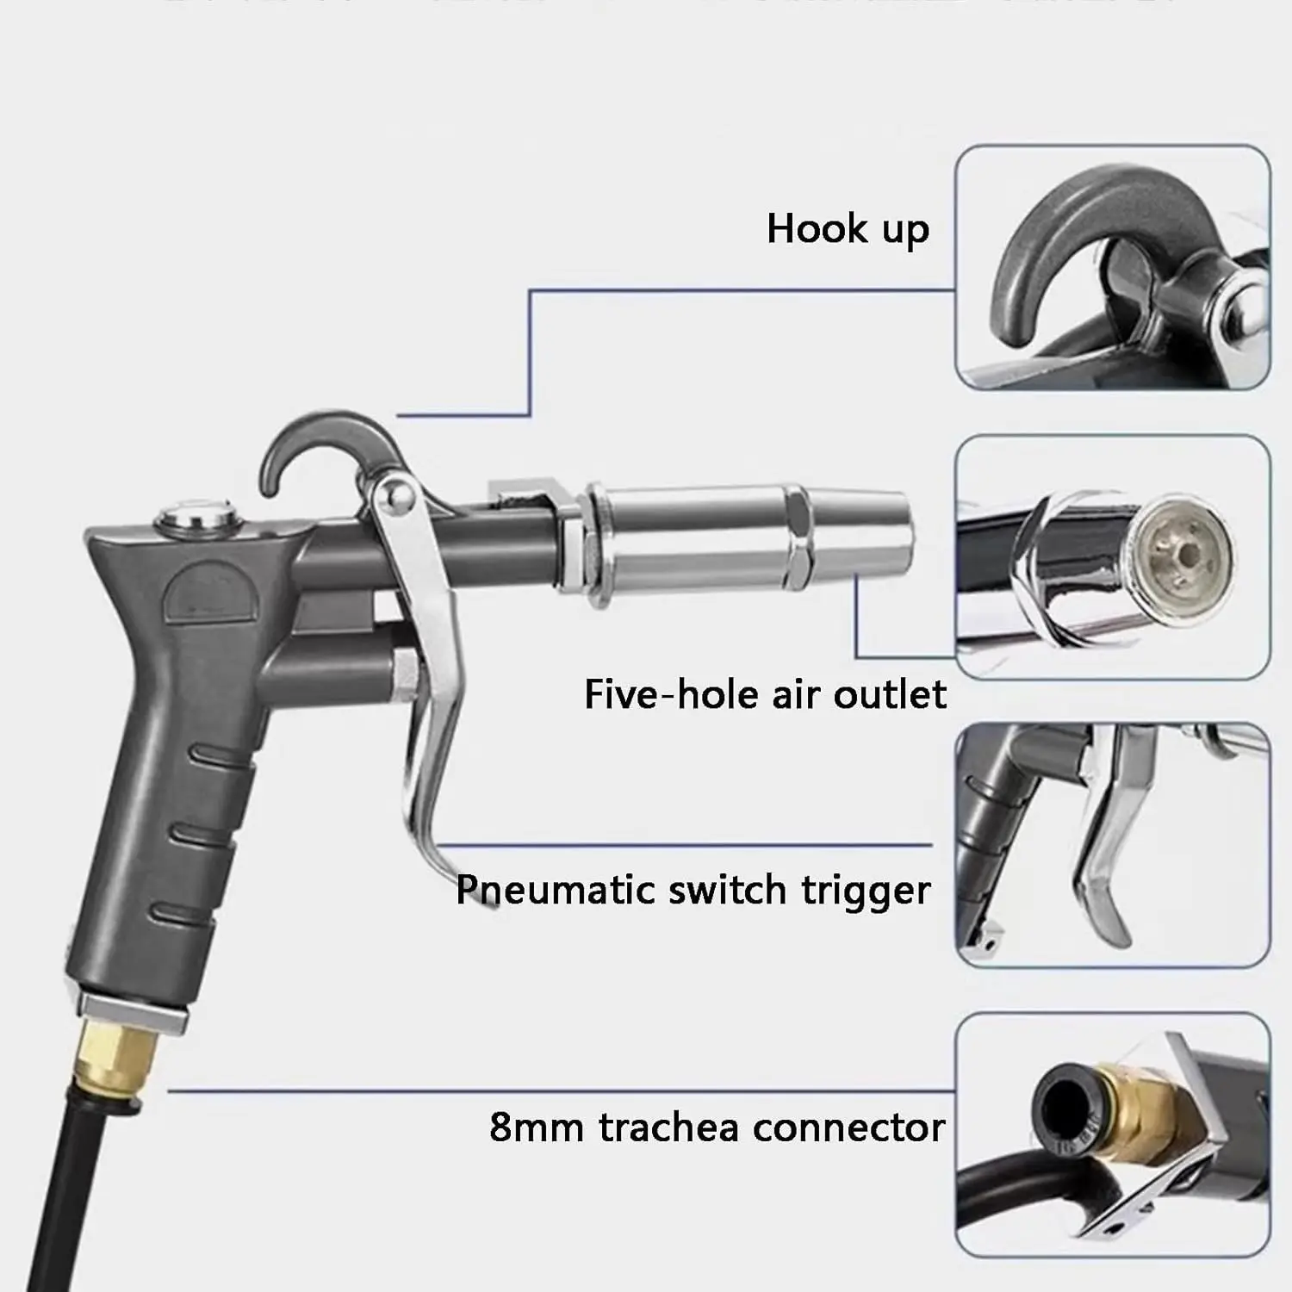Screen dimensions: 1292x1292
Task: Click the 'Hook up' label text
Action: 848,230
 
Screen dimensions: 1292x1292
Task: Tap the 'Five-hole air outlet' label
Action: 765,694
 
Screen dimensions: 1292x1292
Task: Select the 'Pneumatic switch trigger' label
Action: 693,890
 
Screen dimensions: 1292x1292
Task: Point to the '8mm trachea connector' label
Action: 717,1127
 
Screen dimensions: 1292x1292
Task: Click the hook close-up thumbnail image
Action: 1112,268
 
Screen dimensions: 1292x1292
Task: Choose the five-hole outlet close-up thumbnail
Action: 1112,557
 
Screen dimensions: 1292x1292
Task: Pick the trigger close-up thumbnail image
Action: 1112,844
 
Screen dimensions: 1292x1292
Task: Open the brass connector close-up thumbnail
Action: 1112,1134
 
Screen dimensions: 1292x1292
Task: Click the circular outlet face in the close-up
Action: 1183,551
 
